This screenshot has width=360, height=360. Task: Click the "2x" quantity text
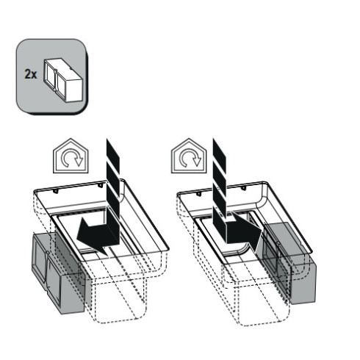coord(31,74)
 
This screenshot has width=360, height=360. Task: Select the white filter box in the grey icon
coord(63,79)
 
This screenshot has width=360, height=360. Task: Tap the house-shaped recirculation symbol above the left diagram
coord(71,156)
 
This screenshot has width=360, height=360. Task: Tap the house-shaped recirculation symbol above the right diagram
coord(189,156)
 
